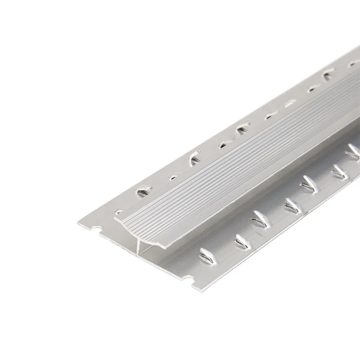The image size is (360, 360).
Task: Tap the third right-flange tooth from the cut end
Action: (x=260, y=219)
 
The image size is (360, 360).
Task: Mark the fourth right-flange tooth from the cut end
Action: (x=292, y=205)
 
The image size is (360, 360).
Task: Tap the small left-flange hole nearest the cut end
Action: (x=119, y=211)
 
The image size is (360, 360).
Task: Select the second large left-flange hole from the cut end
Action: (x=194, y=158)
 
